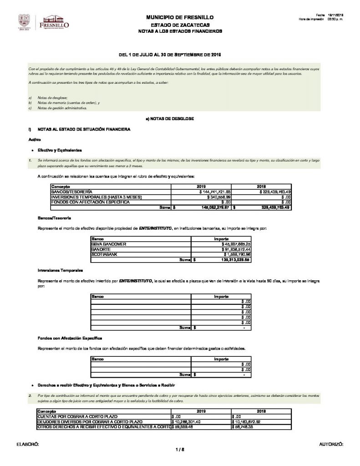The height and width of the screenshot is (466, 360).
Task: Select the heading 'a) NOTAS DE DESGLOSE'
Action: pos(169,119)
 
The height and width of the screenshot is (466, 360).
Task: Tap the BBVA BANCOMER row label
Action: pos(109,244)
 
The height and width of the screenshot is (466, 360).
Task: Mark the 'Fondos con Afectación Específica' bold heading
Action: pos(70,338)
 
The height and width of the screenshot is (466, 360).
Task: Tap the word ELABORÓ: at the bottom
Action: pos(28,443)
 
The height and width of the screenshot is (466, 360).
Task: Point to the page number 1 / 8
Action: pos(179,450)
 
